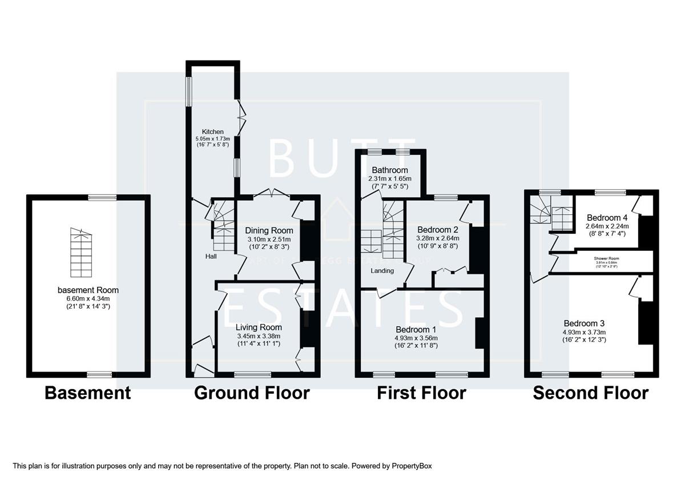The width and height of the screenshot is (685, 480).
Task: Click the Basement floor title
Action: pos(87,393)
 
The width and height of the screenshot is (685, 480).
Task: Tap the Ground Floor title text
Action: pos(252,393)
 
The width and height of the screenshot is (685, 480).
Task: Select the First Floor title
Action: pos(421,393)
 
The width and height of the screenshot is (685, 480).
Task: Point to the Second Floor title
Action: pos(590,393)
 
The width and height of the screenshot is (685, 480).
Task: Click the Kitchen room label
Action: pos(212,132)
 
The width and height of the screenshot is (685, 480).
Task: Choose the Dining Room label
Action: pos(269,231)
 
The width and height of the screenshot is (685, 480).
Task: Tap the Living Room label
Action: pos(259,327)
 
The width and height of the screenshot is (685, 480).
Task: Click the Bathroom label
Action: pos(390,170)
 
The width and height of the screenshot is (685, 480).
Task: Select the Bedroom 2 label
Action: pos(438,229)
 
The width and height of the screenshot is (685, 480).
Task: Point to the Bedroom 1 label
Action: pos(416,330)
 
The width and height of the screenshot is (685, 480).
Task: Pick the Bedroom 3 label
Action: pos(584,323)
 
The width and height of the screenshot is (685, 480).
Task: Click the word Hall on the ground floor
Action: pos(211,257)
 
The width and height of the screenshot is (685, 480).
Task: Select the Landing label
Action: pos(382,270)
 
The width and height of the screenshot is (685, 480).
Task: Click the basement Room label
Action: pos(88,290)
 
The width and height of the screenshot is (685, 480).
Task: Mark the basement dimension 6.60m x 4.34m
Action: pos(88,298)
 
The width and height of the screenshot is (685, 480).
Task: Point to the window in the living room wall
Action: pos(245,375)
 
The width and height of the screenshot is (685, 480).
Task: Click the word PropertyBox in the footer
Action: pos(415,466)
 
